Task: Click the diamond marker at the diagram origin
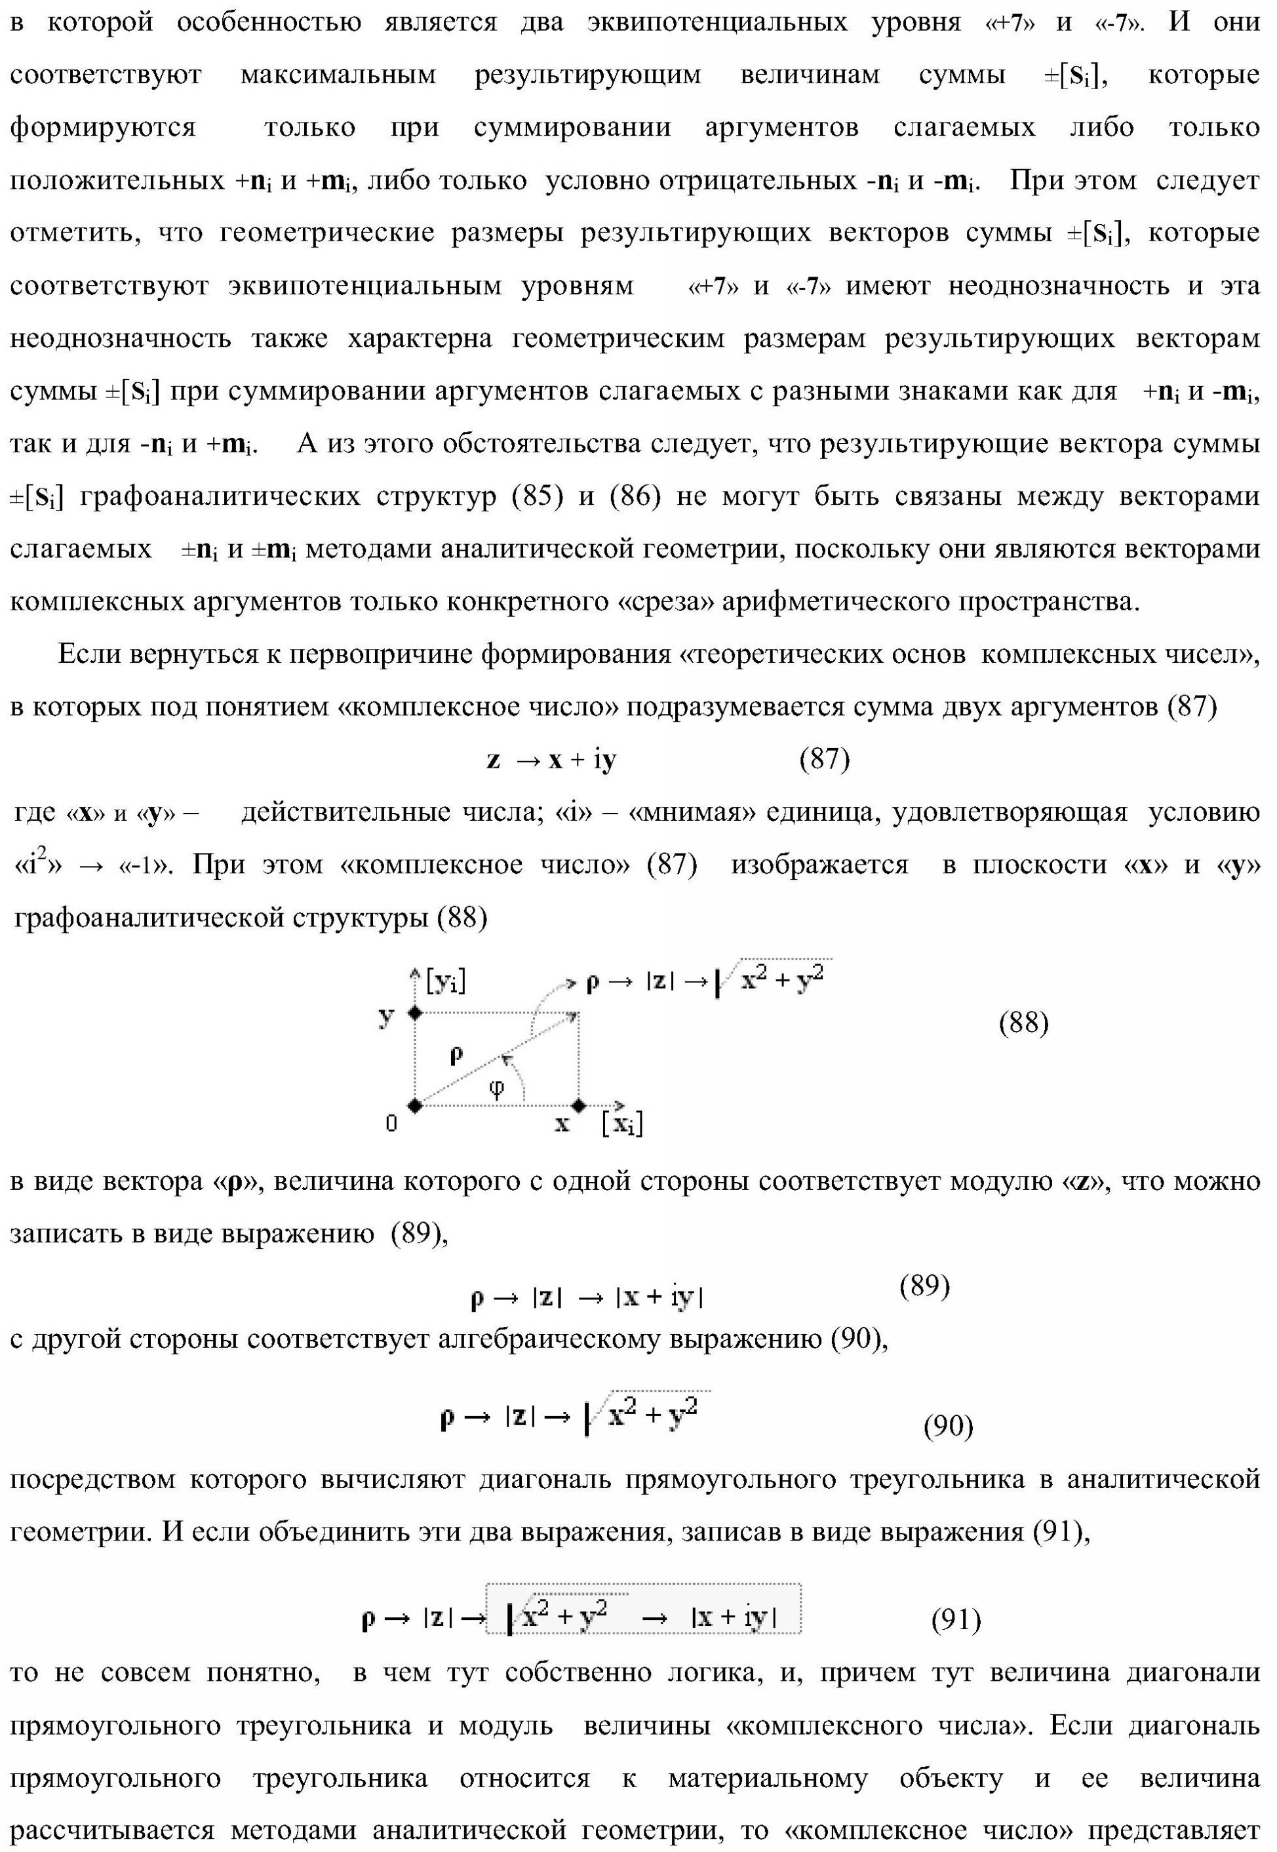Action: coord(414,1105)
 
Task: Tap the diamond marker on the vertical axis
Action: coord(414,1013)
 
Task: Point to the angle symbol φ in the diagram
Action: coord(497,1088)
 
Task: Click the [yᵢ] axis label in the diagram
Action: coord(446,980)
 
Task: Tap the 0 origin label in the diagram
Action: coord(391,1124)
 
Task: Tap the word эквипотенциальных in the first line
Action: coord(717,22)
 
